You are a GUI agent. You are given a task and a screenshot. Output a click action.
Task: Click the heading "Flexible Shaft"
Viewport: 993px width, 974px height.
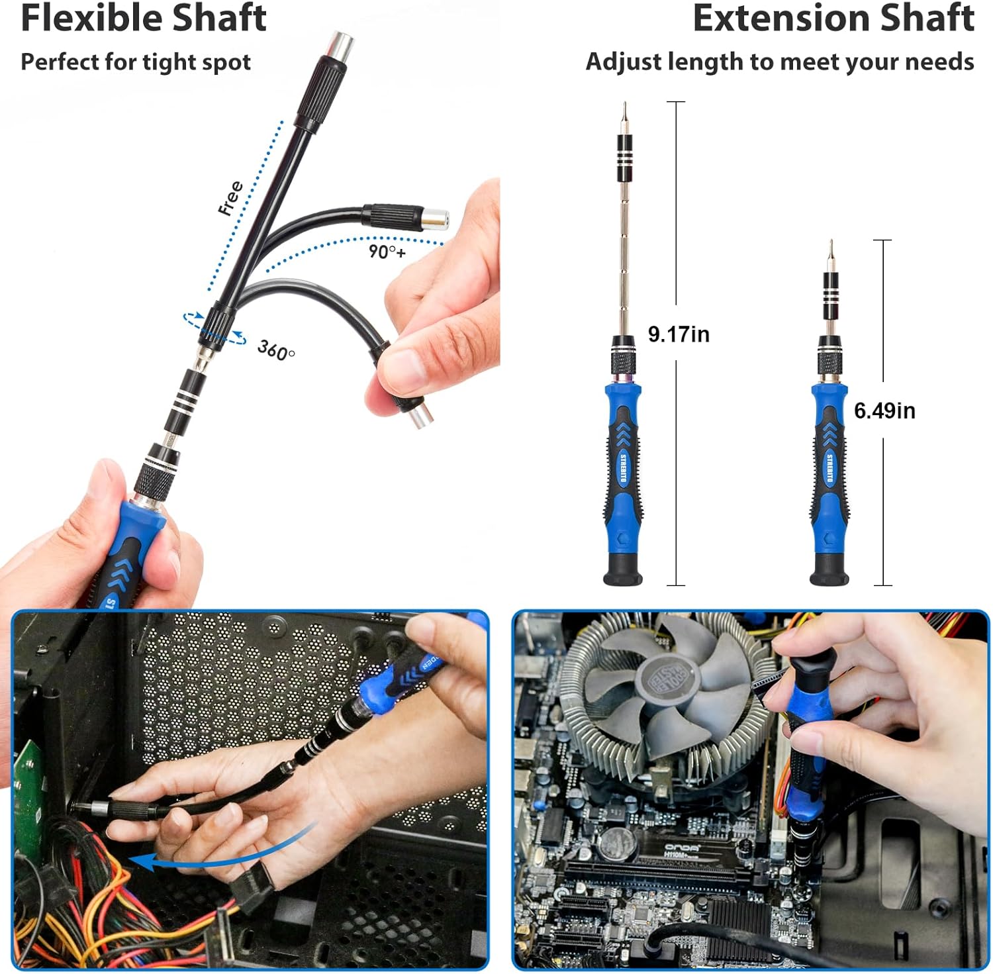point(143,19)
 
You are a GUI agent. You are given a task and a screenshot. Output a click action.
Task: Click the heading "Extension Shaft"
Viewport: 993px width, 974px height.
point(833,19)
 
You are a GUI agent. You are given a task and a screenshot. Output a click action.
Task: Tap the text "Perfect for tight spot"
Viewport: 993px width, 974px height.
point(136,62)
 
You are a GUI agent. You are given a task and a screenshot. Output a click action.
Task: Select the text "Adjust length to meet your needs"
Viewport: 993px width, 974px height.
point(779,62)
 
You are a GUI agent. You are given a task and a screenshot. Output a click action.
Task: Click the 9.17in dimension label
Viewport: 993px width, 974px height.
point(678,334)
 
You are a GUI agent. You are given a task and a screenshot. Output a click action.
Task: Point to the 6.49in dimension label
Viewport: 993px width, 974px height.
point(884,411)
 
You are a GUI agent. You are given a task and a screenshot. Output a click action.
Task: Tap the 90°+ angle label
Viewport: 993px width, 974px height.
point(387,252)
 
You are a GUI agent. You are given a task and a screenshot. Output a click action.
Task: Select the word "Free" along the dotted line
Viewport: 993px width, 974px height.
point(231,197)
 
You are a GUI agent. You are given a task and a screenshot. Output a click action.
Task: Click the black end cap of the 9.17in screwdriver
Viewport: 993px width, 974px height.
point(623,571)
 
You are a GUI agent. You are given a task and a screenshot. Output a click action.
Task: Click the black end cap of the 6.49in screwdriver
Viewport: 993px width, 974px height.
point(829,571)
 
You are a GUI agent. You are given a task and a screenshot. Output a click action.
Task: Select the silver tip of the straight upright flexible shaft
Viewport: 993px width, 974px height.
point(343,44)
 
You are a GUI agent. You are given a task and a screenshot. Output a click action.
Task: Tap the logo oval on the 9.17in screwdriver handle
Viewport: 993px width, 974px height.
point(623,469)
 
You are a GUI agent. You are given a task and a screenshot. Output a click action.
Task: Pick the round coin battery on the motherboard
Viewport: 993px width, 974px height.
point(617,842)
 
